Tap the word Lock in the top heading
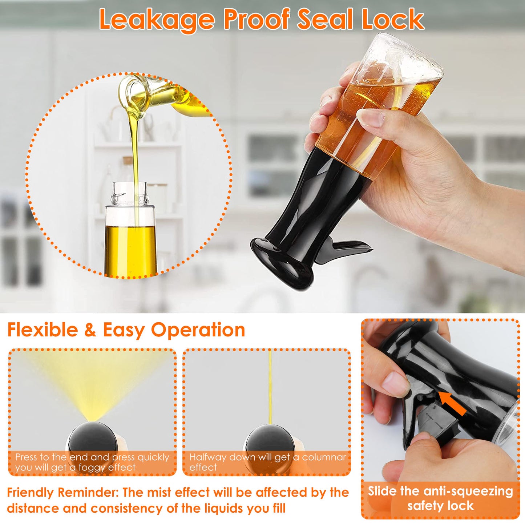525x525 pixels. tap(393, 19)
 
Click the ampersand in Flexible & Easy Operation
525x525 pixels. tap(90, 330)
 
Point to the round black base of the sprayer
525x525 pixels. tap(282, 263)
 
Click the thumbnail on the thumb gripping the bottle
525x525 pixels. tap(372, 118)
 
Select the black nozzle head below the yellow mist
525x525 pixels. tap(92, 439)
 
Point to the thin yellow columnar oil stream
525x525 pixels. tap(270, 387)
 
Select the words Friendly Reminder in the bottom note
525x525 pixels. tap(62, 492)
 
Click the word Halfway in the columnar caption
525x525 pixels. tap(207, 457)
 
